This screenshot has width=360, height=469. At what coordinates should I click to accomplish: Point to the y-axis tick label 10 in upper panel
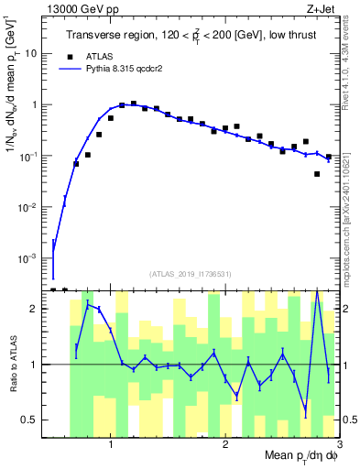[x=30, y=53]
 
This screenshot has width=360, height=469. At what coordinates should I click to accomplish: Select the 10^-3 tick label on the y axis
[x=27, y=259]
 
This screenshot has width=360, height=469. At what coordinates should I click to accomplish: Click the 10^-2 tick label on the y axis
[x=27, y=208]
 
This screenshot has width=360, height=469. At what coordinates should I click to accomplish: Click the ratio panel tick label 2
[x=34, y=309]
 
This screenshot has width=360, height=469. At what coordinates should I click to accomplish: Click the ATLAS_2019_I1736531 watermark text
[x=191, y=273]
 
